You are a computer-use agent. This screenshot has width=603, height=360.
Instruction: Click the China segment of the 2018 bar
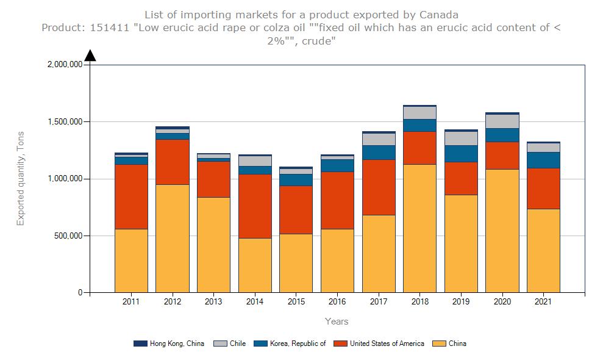pyautogui.click(x=419, y=228)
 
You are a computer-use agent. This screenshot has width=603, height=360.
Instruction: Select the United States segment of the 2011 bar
pyautogui.click(x=131, y=196)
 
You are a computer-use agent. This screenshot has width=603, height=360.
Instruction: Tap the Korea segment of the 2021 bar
pyautogui.click(x=543, y=160)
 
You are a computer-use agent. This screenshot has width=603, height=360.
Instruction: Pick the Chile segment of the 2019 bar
pyautogui.click(x=461, y=138)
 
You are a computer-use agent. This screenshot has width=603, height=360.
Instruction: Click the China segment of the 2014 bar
pyautogui.click(x=255, y=265)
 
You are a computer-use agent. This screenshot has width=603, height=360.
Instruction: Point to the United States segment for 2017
pyautogui.click(x=379, y=187)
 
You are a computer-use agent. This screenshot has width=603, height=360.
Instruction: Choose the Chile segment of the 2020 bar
pyautogui.click(x=502, y=121)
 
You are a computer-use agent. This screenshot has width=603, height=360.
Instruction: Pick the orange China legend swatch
pyautogui.click(x=438, y=344)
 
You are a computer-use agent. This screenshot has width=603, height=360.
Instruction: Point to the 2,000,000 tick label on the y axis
pyautogui.click(x=64, y=65)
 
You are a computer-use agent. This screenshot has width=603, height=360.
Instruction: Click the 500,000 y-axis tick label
pyautogui.click(x=68, y=236)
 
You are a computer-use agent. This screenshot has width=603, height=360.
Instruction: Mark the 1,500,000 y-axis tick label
pyautogui.click(x=64, y=122)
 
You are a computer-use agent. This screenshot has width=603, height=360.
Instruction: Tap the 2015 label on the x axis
pyautogui.click(x=296, y=301)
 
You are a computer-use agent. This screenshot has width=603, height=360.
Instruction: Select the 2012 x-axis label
pyautogui.click(x=172, y=301)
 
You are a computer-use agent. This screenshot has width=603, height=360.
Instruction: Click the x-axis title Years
pyautogui.click(x=337, y=321)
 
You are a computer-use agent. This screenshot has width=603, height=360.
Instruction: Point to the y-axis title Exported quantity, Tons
pyautogui.click(x=21, y=178)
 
